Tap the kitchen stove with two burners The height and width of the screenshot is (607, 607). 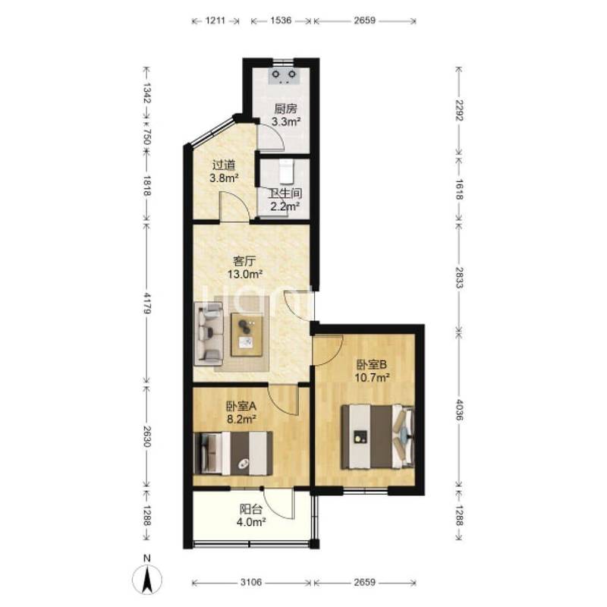pos(284,76)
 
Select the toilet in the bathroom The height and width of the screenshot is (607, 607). pos(287,172)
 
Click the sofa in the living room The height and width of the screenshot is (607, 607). pos(209,334)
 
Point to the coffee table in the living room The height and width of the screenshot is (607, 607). pos(247,335)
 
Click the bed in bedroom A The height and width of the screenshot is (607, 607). pos(233,453)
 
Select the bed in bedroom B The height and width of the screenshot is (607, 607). pos(377,437)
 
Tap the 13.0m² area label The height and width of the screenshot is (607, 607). pos(245,275)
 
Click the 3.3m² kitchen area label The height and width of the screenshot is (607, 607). pos(287,122)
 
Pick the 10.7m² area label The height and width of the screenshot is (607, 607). pos(372,377)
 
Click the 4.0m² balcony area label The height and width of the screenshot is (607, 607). pos(251,522)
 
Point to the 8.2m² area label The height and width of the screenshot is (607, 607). pos(241,419)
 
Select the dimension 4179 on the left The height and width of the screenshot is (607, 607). pos(147,303)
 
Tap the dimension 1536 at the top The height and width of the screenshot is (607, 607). pos(281,20)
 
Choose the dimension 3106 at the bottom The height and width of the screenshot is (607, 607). pos(251,582)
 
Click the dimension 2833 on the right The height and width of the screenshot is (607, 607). pos(459,277)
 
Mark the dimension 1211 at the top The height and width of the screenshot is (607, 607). pos(215,20)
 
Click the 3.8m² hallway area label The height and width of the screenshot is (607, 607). pos(224,178)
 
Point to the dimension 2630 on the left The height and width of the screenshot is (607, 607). pos(147,436)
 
